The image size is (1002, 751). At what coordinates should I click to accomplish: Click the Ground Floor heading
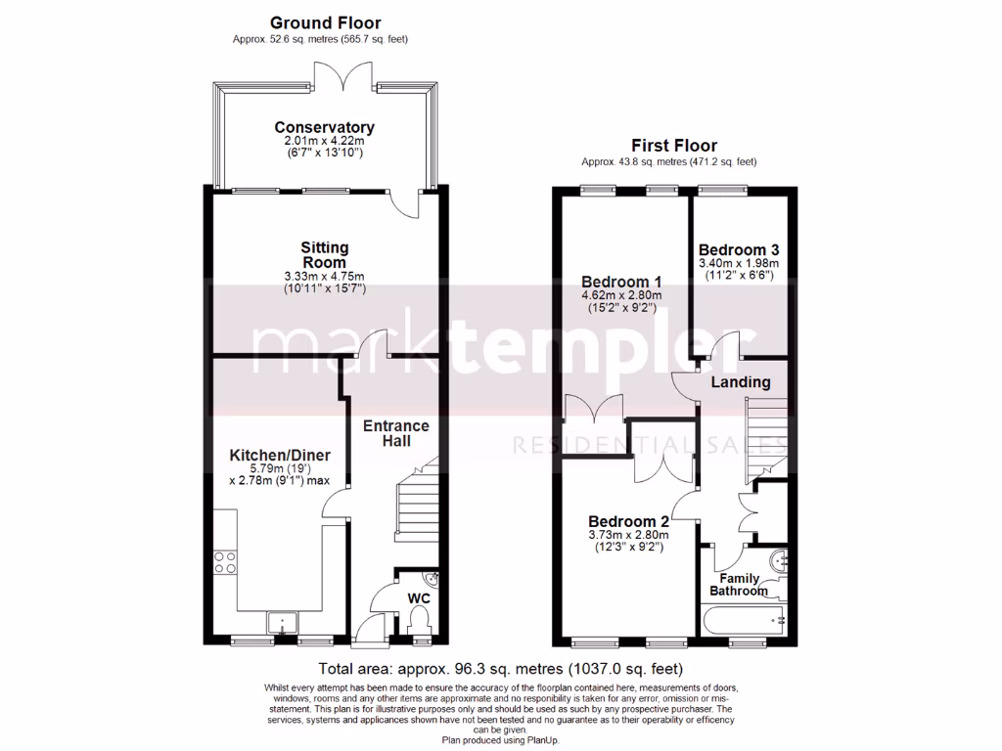pos(325,22)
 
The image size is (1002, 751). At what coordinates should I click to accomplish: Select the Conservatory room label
pos(324,128)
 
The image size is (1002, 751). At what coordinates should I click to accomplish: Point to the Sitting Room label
pos(324,255)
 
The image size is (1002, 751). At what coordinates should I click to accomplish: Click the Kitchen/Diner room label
pos(280,456)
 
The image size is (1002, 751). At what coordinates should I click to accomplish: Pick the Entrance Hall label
pos(395,434)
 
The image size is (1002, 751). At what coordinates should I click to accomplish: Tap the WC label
pos(418,597)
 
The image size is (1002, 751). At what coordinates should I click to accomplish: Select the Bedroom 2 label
pos(627,520)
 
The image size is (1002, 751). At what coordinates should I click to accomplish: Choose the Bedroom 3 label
pos(739,249)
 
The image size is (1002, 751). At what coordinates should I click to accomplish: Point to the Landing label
pos(741,382)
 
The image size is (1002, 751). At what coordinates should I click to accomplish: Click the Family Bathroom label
pos(739,584)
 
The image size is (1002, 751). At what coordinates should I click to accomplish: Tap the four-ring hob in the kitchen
pos(224,562)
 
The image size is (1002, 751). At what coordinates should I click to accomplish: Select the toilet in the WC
pos(420,622)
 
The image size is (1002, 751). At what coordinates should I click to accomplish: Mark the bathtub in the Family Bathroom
pos(744,619)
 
